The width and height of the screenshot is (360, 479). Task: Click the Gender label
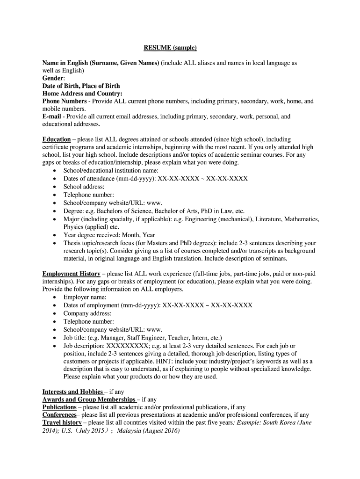[x=54, y=78]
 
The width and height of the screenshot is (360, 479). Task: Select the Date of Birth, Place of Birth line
[x=81, y=86]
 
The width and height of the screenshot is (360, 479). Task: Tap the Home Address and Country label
[x=82, y=93]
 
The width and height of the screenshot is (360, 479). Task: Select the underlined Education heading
[x=57, y=139]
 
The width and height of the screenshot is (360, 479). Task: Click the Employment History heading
[x=71, y=274]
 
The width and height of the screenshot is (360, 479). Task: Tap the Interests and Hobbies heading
[x=72, y=392]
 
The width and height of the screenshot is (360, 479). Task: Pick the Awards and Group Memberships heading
[x=89, y=399]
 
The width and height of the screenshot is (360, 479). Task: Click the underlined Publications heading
[x=59, y=407]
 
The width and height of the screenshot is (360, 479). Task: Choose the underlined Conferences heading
[x=59, y=414]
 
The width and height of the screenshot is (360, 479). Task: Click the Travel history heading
[x=62, y=422]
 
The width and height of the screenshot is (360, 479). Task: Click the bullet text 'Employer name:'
[x=85, y=297]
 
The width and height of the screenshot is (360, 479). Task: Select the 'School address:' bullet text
[x=84, y=186]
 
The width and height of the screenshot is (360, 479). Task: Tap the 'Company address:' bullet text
[x=87, y=313]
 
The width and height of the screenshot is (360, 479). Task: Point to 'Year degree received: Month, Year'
[x=109, y=235]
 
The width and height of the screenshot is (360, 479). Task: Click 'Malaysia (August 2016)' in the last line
[x=148, y=430]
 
